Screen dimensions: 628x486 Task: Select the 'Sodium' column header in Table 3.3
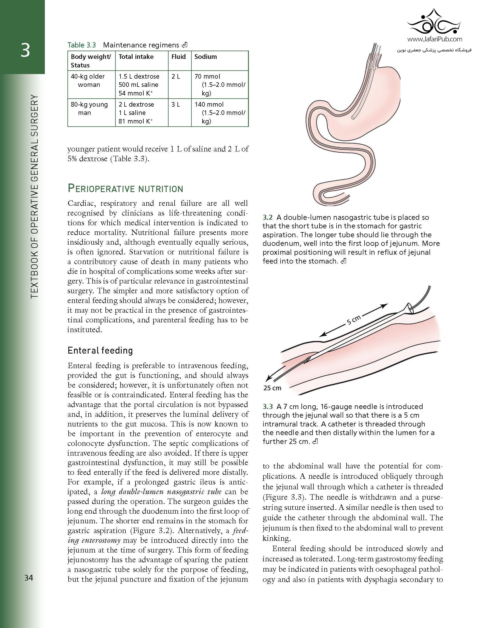click(x=205, y=57)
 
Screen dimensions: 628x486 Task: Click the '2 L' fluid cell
click(x=176, y=77)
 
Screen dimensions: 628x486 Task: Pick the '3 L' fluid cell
click(x=176, y=105)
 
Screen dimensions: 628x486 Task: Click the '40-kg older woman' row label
click(x=88, y=81)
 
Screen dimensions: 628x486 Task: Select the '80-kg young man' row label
click(x=89, y=109)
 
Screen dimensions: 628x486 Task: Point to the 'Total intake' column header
click(x=136, y=57)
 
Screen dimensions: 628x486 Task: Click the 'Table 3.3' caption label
click(x=81, y=45)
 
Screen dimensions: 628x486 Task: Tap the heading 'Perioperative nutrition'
click(x=125, y=189)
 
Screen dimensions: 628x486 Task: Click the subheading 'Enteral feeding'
click(x=100, y=350)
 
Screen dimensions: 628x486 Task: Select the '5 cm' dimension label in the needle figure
click(x=353, y=320)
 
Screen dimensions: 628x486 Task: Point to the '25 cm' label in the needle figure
click(x=272, y=388)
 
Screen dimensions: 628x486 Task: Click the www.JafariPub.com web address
click(x=435, y=39)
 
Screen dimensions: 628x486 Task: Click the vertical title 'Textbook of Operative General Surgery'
click(x=34, y=196)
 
